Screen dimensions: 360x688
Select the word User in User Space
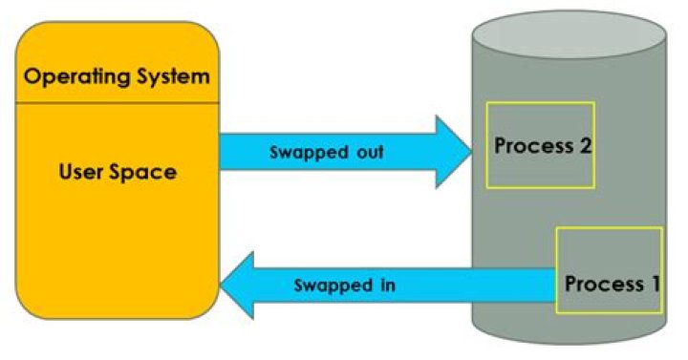coord(81,173)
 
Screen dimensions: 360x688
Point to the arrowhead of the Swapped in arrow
coord(239,285)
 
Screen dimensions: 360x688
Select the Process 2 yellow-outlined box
coord(540,144)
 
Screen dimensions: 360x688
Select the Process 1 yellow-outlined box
coord(609,269)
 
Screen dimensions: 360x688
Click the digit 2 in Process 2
coord(584,147)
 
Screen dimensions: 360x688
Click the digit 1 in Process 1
coord(654,284)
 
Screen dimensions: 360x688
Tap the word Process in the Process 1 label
coord(602,284)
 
